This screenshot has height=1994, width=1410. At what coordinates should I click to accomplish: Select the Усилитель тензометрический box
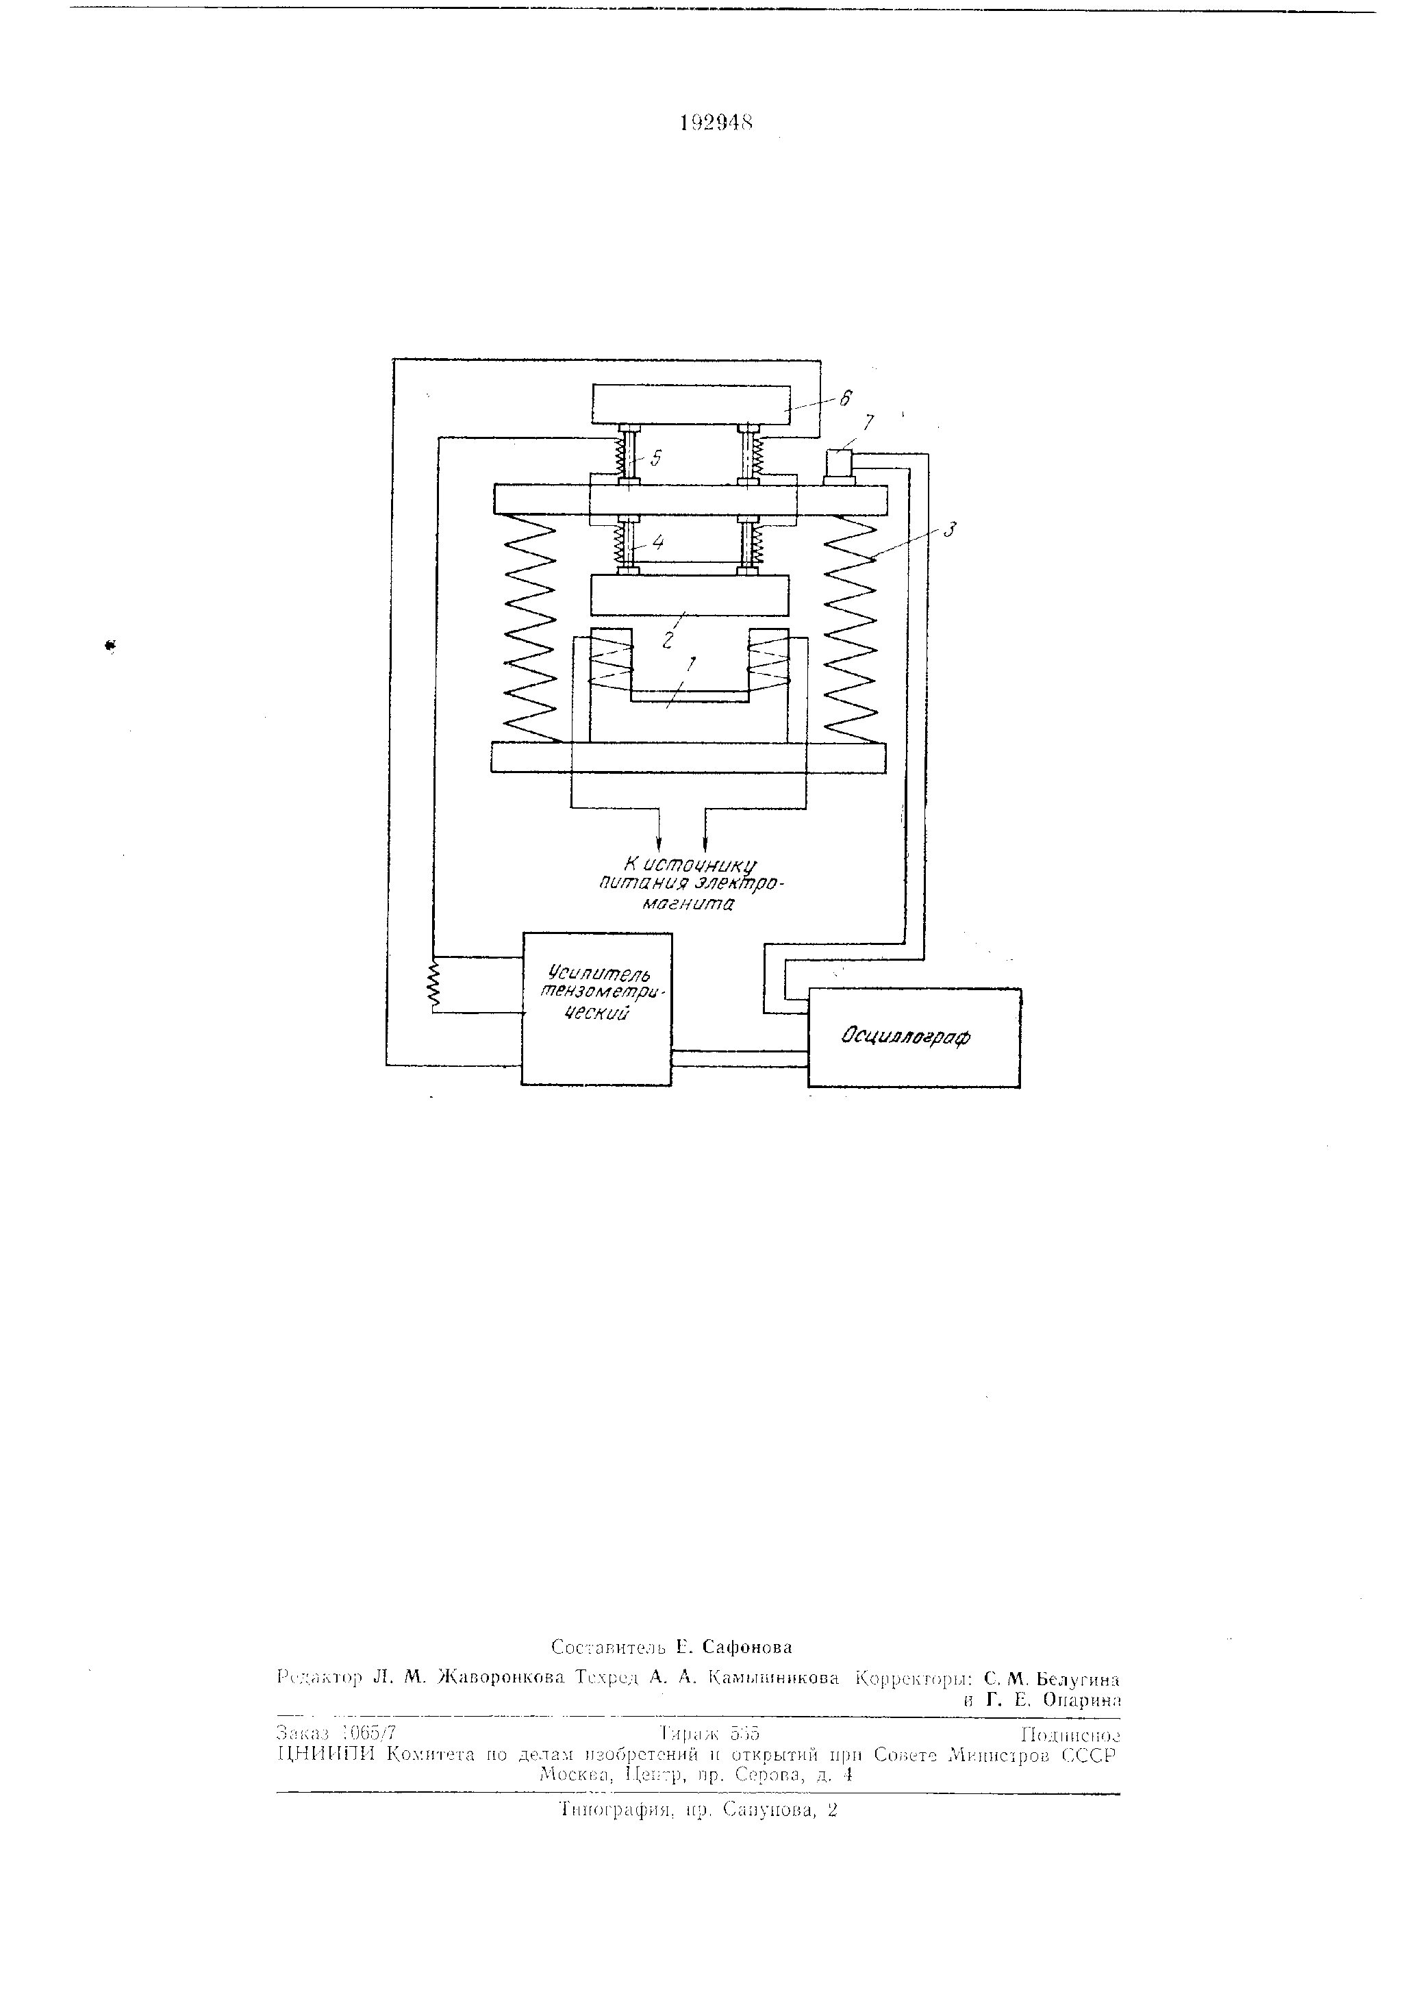pos(596,1008)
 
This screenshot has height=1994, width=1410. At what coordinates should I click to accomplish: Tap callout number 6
pos(845,398)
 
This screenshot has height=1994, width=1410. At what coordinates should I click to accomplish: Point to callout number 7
pos(869,422)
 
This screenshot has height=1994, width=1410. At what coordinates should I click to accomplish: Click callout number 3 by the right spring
pos(951,528)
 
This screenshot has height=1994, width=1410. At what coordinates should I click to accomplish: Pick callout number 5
pos(656,457)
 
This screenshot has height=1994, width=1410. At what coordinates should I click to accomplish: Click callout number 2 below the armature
pos(667,640)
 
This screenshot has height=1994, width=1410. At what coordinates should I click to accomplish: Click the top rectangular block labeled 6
pos(691,405)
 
